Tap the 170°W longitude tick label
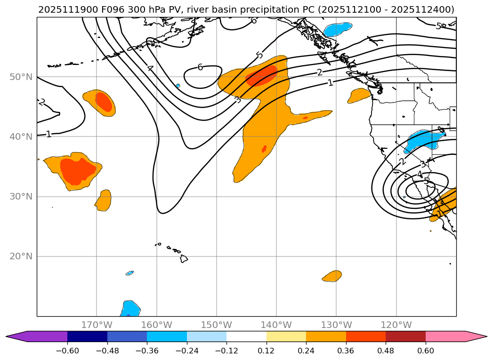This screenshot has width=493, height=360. (97, 325)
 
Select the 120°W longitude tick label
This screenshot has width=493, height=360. (396, 325)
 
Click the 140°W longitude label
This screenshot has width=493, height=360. (276, 325)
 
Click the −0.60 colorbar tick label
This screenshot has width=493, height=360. (67, 351)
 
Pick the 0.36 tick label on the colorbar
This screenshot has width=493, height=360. (346, 351)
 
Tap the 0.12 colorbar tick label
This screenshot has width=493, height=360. (267, 351)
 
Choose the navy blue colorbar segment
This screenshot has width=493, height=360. (87, 336)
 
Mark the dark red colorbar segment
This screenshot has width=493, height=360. (405, 336)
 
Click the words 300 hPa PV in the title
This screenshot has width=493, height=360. (146, 9)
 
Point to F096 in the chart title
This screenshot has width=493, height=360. (107, 9)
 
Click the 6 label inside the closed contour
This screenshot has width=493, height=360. (200, 67)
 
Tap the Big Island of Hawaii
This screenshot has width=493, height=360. (184, 258)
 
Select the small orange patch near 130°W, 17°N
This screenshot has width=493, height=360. (332, 276)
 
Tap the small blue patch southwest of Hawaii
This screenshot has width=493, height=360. (129, 273)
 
